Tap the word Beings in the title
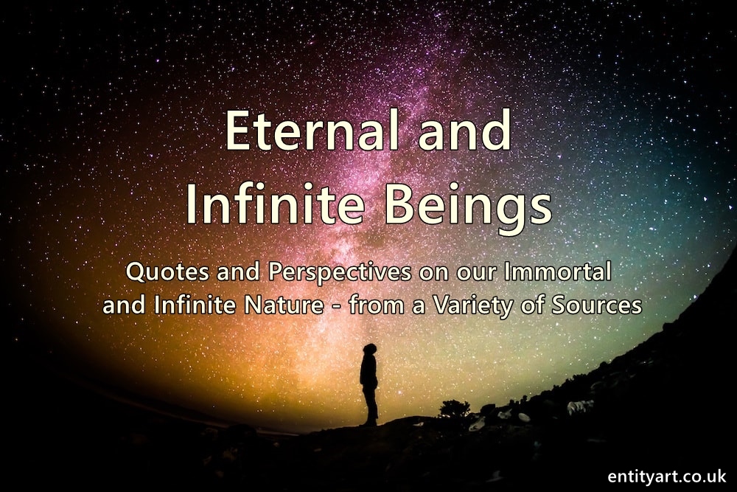[x=469, y=207]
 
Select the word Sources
[x=596, y=305]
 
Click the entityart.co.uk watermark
[x=666, y=476]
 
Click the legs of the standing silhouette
[x=371, y=406]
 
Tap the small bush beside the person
[x=454, y=408]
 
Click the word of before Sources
[x=533, y=305]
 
